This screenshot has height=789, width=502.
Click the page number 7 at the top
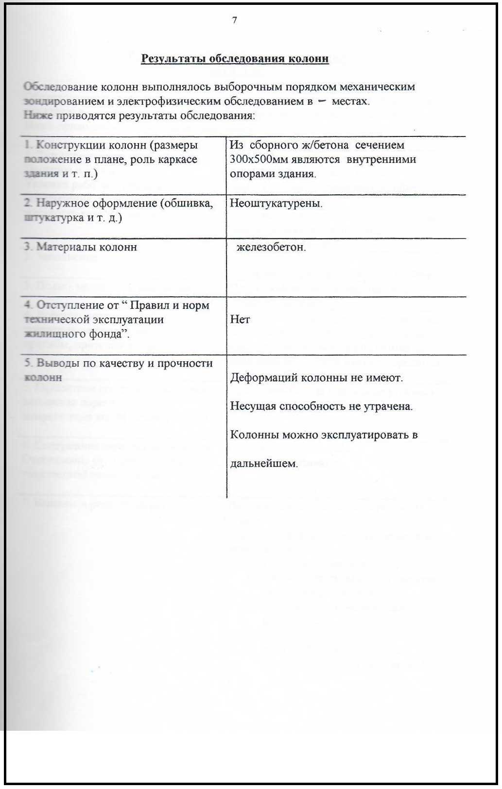tap(235, 20)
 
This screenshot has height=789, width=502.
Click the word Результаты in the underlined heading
tap(173, 59)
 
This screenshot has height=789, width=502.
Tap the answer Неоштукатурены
tap(276, 203)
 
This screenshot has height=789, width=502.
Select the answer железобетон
tap(271, 247)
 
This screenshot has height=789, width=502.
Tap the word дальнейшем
tap(263, 463)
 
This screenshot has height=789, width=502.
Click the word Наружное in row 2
tap(61, 203)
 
